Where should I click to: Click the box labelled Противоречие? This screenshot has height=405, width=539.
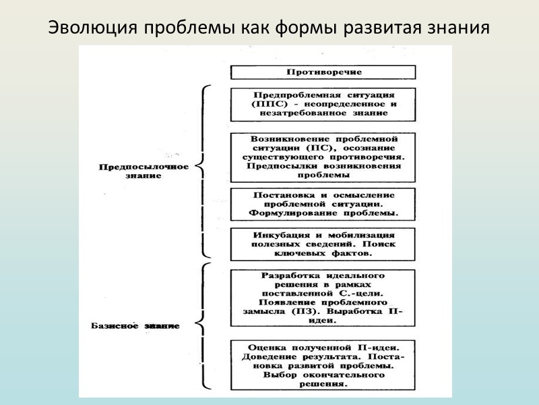coord(323,72)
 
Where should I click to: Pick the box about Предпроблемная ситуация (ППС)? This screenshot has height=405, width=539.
coord(323,104)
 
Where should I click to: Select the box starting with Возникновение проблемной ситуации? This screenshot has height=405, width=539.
coord(323,157)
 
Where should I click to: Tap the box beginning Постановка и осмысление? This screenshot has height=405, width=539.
coord(323,204)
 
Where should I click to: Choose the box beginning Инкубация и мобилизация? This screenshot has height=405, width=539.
coord(323,244)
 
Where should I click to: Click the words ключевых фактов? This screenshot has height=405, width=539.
coord(323,253)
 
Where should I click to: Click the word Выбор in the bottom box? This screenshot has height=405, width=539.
coord(278,375)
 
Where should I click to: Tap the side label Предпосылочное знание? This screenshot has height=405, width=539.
coord(138,171)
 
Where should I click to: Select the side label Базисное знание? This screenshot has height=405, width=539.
coord(135,326)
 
